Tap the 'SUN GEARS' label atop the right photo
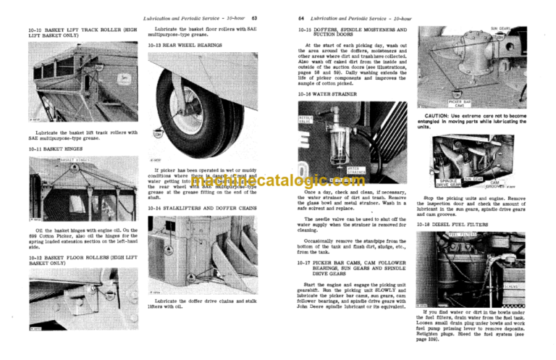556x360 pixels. point(500,29)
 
